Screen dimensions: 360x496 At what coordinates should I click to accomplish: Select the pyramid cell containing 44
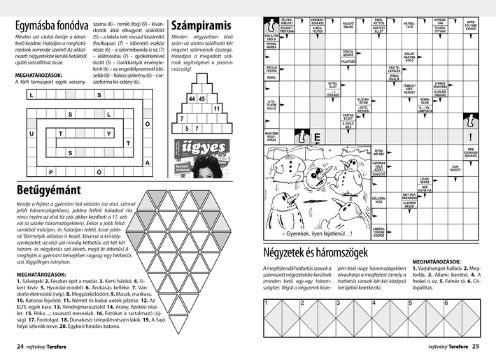192,99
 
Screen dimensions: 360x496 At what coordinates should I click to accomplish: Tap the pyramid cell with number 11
216,109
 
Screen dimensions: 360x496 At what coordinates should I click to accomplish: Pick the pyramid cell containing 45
202,99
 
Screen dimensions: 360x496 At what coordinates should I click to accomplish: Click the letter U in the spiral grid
31,133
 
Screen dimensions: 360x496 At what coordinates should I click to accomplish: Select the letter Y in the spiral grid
108,133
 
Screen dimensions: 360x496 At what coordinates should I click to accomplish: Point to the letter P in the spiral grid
50,171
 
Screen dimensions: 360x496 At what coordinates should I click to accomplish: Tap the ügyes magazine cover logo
191,148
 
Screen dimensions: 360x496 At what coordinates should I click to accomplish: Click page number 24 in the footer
20,345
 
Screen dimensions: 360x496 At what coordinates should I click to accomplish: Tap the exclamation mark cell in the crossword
471,137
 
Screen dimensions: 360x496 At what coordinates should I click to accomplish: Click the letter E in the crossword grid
317,138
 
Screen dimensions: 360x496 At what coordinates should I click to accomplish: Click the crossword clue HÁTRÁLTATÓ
410,26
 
